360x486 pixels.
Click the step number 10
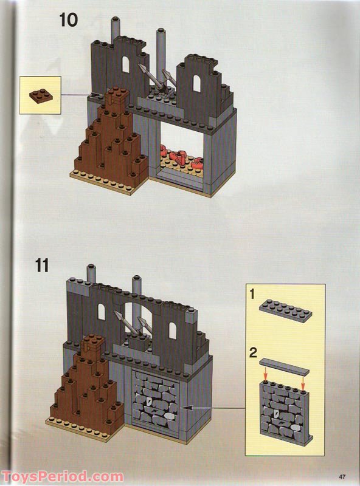coord(68,19)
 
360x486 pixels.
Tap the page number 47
coord(344,476)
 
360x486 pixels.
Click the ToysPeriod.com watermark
coord(61,476)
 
